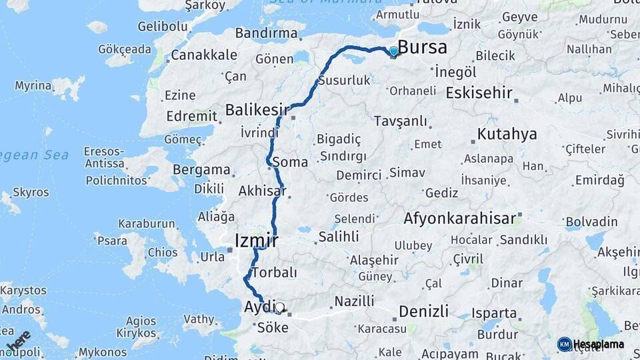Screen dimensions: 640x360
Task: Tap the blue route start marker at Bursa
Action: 394,51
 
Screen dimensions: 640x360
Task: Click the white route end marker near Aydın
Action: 280,307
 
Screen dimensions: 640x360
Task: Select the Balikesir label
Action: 257,109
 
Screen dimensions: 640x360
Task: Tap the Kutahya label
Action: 507,134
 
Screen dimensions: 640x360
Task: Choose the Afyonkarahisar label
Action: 459,218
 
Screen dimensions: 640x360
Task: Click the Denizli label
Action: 423,311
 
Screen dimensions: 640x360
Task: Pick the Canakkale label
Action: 203,54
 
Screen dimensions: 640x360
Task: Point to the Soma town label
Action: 290,162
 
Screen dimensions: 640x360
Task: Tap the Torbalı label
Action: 273,272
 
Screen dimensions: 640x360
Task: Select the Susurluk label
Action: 344,80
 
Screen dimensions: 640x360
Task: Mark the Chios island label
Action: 163,253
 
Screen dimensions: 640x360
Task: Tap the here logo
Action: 18,342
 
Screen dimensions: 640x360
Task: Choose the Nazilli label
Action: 354,301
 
